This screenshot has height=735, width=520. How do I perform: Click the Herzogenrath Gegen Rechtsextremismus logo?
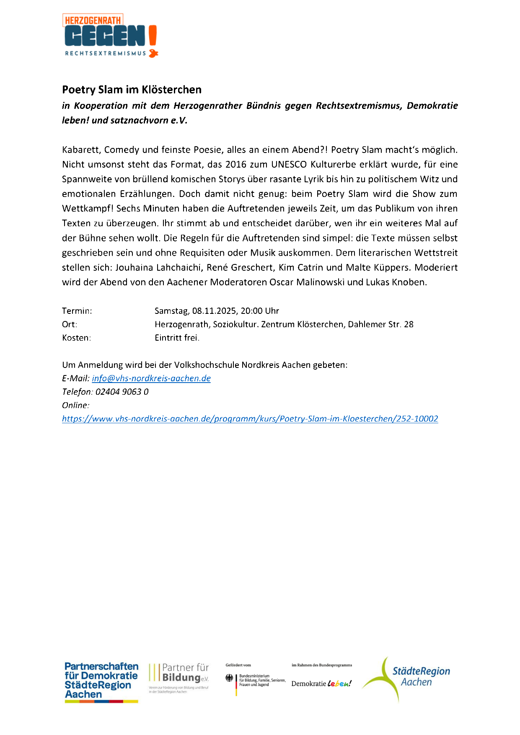[110, 36]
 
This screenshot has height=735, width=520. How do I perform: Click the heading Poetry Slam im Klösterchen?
[132, 90]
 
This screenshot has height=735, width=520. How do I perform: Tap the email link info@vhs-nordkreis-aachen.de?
[151, 378]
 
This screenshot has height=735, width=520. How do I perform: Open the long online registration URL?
[250, 419]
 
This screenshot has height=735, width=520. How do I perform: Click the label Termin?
[77, 311]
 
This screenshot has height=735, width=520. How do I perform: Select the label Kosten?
[76, 338]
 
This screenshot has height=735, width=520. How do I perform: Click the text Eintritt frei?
[177, 338]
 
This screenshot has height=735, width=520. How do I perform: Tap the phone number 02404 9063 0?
[122, 392]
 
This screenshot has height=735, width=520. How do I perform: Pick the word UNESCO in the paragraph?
[289, 164]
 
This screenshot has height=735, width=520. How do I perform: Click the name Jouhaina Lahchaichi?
[158, 267]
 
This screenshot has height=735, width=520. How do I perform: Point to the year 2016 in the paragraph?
[236, 164]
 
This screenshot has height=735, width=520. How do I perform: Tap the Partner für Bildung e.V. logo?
[179, 678]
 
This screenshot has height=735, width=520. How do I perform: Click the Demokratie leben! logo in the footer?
[321, 683]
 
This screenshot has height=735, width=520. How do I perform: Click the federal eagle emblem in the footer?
[229, 678]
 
